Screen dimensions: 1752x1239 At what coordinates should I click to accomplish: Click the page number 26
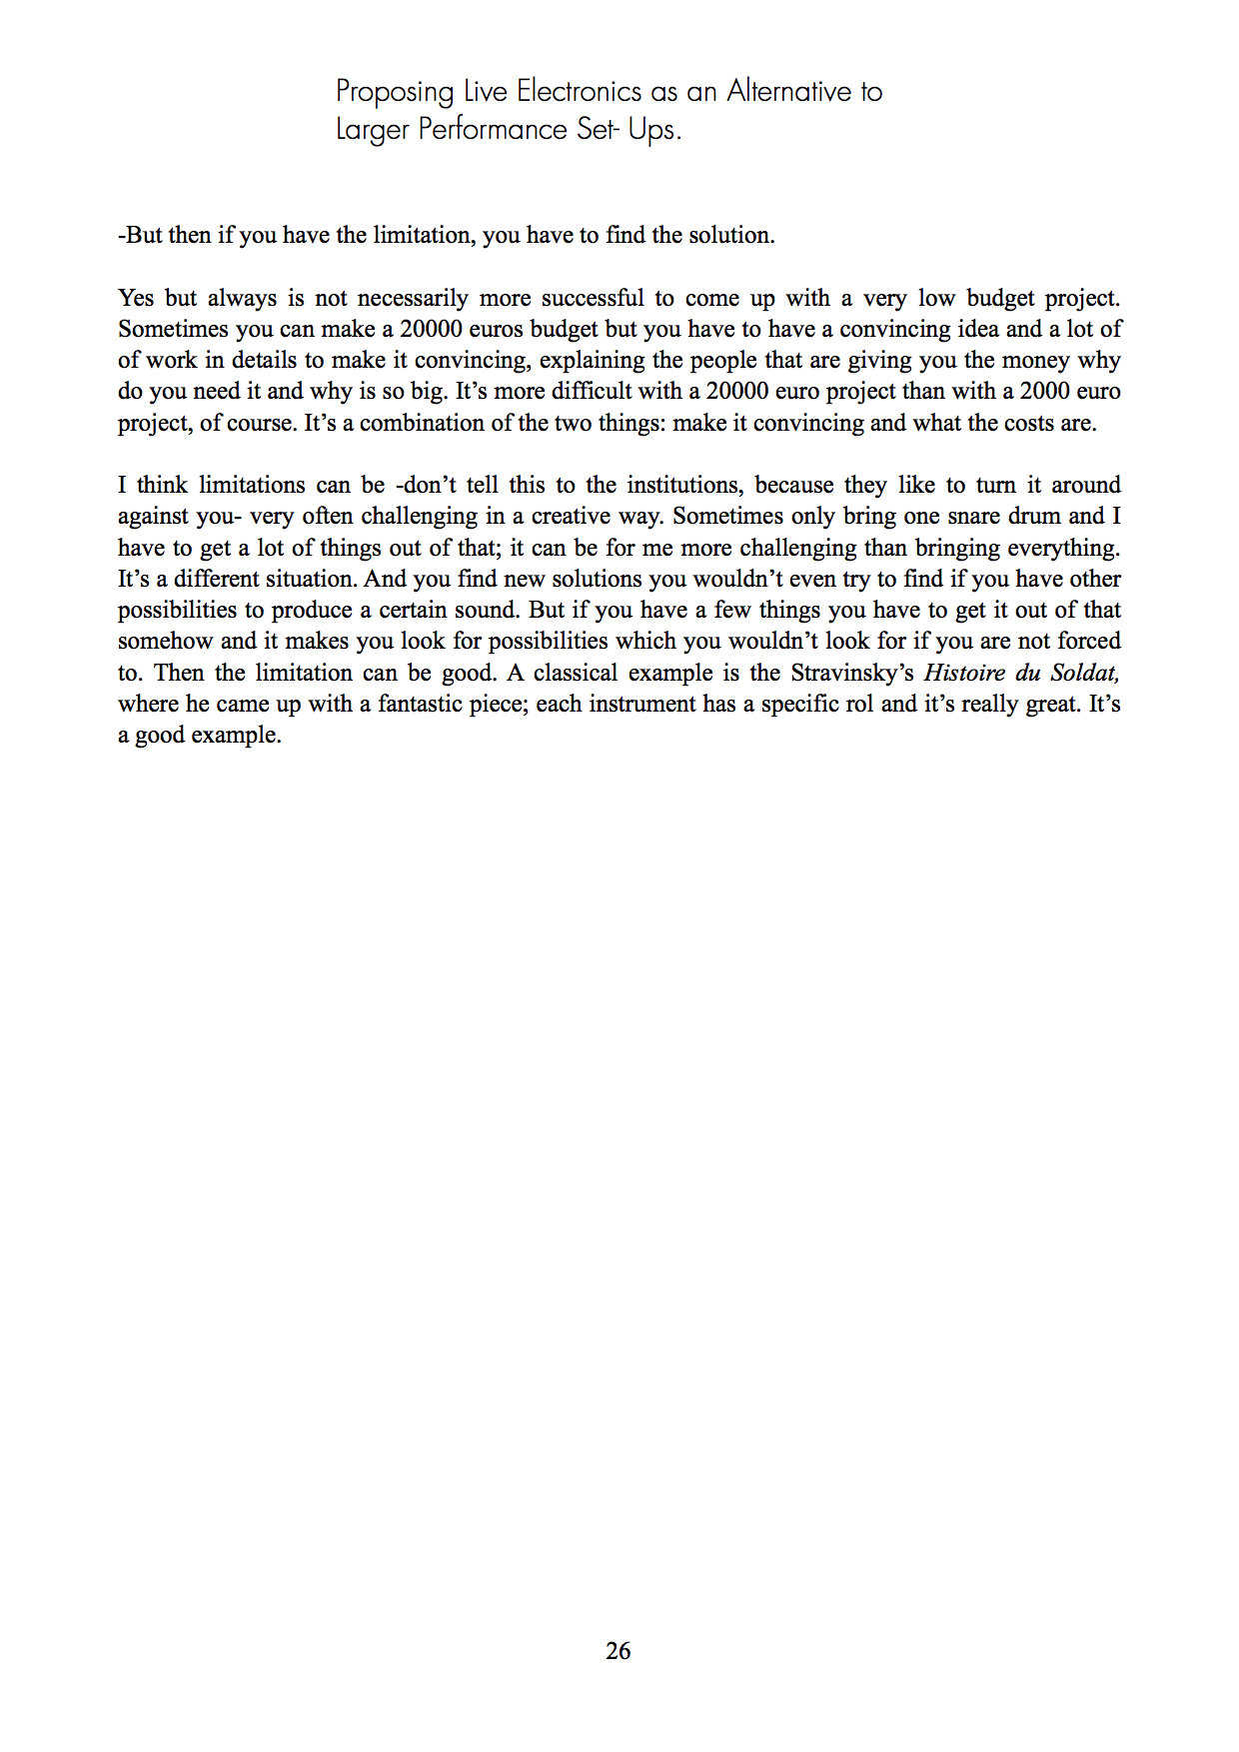(x=618, y=1651)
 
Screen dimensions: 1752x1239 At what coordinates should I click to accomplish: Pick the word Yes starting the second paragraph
(x=136, y=298)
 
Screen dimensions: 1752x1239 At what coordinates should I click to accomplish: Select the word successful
(x=593, y=298)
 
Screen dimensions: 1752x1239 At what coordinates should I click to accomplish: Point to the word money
(x=1035, y=360)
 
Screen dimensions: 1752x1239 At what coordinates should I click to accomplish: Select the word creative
(x=572, y=517)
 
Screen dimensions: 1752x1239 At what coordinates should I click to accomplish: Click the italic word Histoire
(x=964, y=673)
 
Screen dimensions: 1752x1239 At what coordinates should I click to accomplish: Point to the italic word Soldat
(x=1084, y=673)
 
